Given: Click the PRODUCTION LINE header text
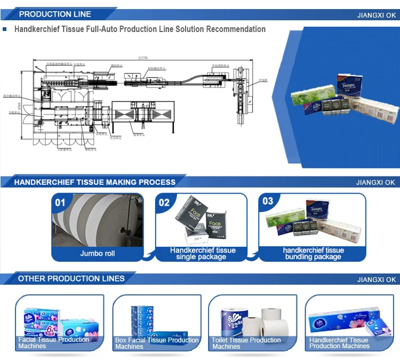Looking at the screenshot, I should [x=55, y=14].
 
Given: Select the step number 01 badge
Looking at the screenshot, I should [x=60, y=202].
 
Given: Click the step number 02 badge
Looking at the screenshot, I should [x=164, y=202].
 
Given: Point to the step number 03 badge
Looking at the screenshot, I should [x=268, y=201].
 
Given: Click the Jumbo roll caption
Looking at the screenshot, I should [x=98, y=253].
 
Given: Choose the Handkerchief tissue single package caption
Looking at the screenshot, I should [x=203, y=253].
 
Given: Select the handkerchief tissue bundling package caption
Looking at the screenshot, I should [x=313, y=253].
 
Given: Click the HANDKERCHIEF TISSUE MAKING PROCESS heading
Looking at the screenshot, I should [x=94, y=182].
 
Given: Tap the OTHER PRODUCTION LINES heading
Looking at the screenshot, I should [x=71, y=278].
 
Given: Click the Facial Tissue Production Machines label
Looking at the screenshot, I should [x=54, y=343].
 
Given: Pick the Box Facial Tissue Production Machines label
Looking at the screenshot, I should [x=157, y=343].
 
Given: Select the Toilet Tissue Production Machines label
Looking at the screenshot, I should [x=246, y=343].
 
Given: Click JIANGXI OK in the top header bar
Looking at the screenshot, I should [x=376, y=15].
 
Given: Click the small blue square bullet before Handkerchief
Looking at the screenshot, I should [x=5, y=29].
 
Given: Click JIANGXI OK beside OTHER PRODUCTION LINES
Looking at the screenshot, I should [x=376, y=279].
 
